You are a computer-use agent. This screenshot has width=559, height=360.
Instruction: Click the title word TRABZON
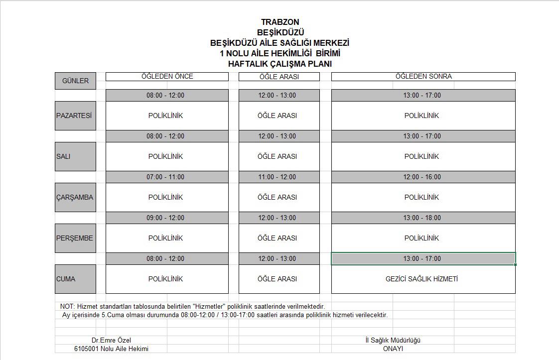point(280,22)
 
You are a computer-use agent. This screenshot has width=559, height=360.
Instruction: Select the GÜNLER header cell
point(75,81)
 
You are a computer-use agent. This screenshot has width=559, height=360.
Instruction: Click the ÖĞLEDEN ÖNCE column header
point(167,77)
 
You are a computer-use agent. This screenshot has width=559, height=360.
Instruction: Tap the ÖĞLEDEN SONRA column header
point(423,77)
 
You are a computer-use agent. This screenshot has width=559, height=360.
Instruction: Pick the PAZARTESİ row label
point(75,116)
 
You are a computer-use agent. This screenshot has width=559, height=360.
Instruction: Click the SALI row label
point(75,156)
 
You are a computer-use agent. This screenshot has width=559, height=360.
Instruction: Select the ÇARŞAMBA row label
point(75,197)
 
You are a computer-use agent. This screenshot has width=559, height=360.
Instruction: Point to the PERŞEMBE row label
point(75,238)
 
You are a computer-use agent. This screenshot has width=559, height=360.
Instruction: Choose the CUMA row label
point(75,279)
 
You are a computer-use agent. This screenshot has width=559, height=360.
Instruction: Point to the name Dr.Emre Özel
point(111,340)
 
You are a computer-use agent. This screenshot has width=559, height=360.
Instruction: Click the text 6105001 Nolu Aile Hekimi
point(111,349)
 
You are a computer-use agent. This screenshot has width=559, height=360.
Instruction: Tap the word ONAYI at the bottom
point(393,349)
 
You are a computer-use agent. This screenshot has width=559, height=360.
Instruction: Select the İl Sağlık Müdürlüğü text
point(393,340)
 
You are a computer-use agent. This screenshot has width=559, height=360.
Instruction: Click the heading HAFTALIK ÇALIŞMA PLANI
point(279,64)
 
